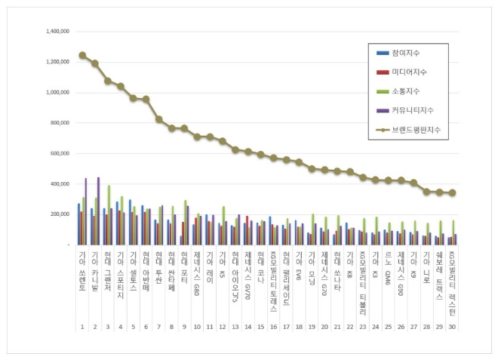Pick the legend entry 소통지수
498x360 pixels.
coord(405,92)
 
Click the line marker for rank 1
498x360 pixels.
coord(82,55)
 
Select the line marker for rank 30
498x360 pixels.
coord(452,192)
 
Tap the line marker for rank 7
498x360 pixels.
coord(159,119)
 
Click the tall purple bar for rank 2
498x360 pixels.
coord(98,211)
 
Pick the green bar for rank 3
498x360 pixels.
coord(109,214)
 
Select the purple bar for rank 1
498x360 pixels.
coord(86,211)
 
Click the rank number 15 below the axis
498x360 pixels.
coord(260,327)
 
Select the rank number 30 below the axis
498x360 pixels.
coord(452,327)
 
